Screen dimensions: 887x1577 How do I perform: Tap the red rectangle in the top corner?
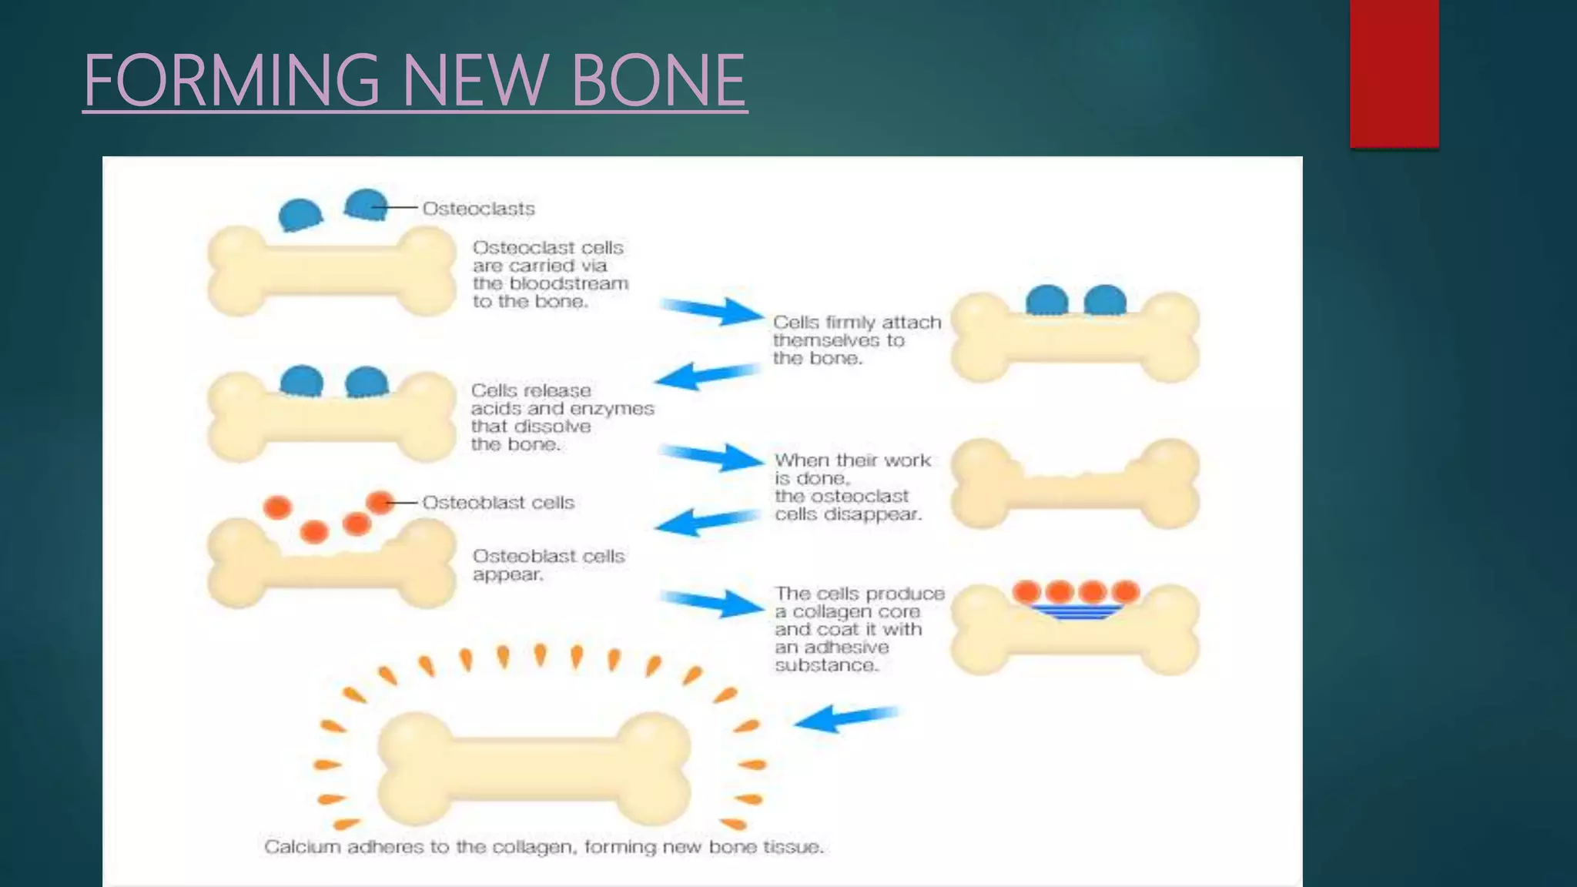(1394, 73)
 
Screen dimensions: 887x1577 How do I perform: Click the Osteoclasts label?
(478, 209)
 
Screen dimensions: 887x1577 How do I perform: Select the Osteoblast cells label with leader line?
(497, 503)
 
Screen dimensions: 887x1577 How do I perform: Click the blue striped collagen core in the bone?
(1075, 612)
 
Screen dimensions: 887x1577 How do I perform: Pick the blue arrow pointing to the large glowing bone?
(845, 718)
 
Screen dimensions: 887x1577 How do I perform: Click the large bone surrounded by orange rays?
(534, 768)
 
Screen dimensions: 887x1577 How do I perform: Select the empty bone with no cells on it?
(1075, 484)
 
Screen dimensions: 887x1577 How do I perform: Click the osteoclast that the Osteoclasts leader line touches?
(365, 205)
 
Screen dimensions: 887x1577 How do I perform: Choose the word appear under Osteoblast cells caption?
(507, 575)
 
